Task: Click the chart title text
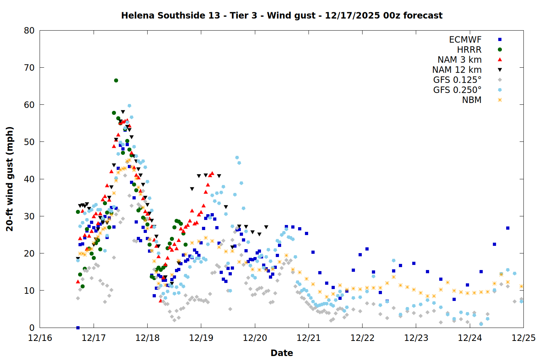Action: [282, 15]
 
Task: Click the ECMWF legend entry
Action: [465, 40]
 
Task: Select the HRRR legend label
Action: [469, 50]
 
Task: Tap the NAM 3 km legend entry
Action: [459, 60]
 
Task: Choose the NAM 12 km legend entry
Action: [457, 70]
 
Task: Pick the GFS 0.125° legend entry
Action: [457, 80]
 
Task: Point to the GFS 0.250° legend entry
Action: [457, 90]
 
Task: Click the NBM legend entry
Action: [472, 100]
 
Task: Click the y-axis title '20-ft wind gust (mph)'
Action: [10, 179]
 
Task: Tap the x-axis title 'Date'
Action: [282, 353]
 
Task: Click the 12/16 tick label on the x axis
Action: [40, 338]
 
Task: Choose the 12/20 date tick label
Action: [255, 338]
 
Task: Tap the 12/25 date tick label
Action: [523, 338]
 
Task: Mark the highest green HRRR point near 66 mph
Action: [116, 80]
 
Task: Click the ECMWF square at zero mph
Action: [78, 328]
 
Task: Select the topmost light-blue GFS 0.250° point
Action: [129, 105]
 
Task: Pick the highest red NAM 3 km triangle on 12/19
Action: [212, 173]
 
